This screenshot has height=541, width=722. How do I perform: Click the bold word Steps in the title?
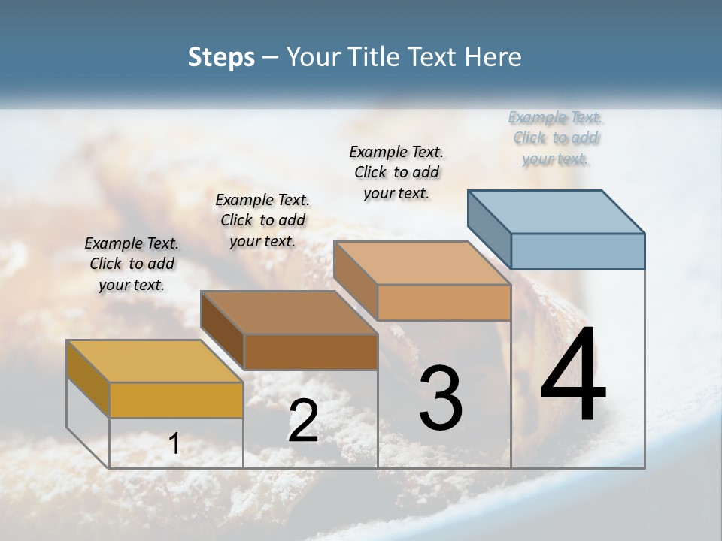[221, 57]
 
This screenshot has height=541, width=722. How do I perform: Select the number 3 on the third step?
[441, 397]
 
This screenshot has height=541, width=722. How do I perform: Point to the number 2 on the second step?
[303, 421]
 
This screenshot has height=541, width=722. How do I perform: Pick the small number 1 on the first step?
[174, 443]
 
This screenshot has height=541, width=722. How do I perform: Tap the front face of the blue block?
[578, 251]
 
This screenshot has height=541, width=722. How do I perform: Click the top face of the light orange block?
[422, 262]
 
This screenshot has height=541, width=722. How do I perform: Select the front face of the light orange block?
[444, 302]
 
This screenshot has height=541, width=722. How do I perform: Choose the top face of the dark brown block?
[289, 312]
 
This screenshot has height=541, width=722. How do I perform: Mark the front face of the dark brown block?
[311, 352]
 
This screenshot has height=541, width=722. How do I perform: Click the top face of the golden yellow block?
[155, 361]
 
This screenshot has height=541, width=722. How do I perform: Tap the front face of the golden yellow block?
[176, 400]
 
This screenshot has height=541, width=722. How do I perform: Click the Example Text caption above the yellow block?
[132, 264]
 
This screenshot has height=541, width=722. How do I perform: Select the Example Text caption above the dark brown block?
[262, 220]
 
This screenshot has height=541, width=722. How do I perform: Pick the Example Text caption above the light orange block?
[396, 172]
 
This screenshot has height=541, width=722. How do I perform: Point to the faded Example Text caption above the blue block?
[556, 138]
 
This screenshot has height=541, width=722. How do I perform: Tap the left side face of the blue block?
[489, 229]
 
